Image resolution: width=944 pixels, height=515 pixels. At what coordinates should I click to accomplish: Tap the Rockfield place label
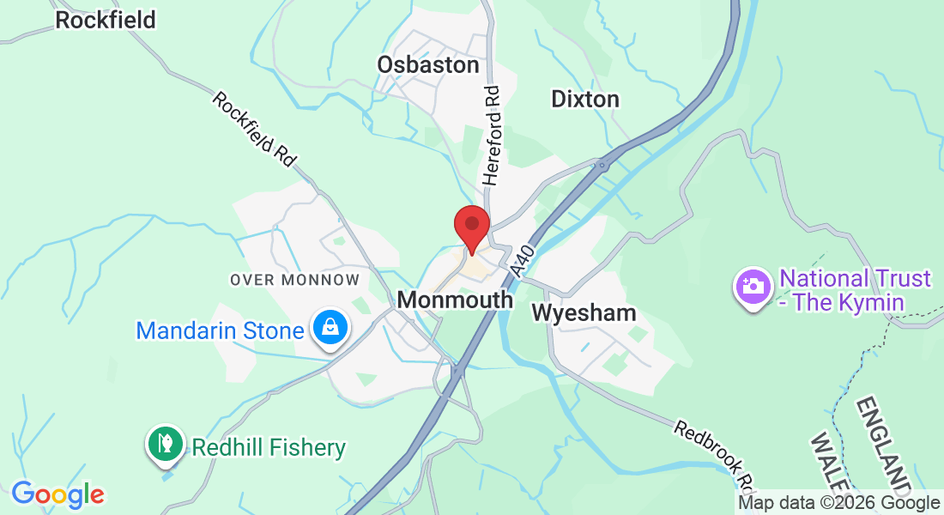pos(106,20)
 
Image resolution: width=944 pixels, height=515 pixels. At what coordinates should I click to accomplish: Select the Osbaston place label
pos(427,64)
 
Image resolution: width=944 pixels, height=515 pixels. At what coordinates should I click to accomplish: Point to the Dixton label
pos(584,99)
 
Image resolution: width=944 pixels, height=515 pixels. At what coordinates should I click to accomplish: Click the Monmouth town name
pos(455,300)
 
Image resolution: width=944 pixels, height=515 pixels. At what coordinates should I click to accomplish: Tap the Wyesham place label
pos(584,312)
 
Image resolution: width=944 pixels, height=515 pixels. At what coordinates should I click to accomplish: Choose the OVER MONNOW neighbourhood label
pos(294,280)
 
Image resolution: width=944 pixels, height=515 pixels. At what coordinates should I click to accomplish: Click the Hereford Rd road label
pos(491,136)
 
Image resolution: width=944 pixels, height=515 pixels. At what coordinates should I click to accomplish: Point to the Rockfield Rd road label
pos(255,129)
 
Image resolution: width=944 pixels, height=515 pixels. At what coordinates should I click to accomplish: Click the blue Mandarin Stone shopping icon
pos(329,329)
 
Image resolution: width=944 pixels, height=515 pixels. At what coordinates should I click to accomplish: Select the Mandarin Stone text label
pos(220,330)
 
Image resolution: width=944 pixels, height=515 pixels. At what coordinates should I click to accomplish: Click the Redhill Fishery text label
pos(268,447)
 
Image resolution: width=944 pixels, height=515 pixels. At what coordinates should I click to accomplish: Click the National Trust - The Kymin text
pos(855,290)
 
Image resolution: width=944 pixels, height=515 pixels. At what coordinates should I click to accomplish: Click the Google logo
pos(57,494)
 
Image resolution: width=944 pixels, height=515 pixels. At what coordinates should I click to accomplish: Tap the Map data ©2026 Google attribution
pos(838,503)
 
